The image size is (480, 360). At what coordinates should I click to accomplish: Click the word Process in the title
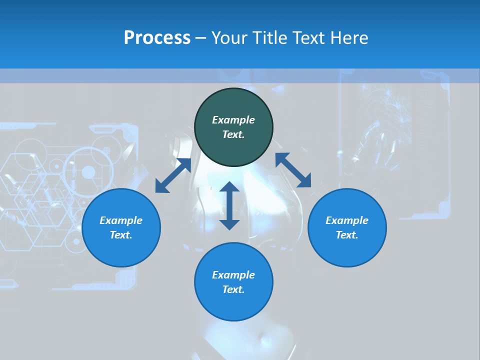157,38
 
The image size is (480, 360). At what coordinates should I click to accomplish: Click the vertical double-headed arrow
229,205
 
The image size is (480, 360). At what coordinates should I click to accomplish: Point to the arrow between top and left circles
173,175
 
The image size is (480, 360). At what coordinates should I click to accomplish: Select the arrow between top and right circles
293,170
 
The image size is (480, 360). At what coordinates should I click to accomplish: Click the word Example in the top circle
233,120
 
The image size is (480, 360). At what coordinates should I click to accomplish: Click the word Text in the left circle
121,235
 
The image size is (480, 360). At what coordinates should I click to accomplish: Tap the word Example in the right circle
347,220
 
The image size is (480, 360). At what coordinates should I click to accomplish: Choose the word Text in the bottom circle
233,289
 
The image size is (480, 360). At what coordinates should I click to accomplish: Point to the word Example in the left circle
121,220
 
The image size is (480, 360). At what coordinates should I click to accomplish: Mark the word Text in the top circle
233,134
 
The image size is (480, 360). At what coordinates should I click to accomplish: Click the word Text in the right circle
347,235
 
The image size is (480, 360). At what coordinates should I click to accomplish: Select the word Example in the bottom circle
233,275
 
